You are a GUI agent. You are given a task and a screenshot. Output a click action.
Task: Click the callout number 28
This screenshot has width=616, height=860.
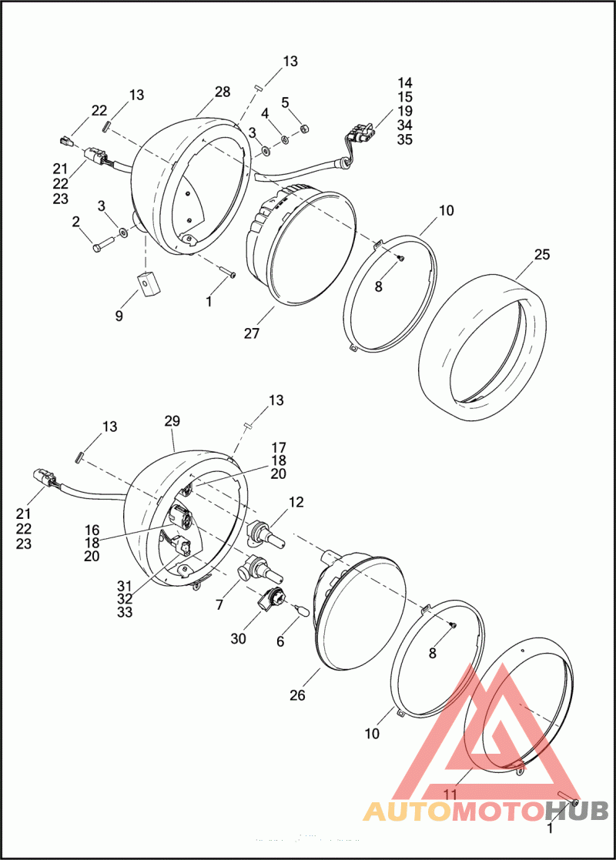pyautogui.click(x=223, y=92)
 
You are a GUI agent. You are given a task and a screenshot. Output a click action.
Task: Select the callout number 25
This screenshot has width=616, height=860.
pyautogui.click(x=541, y=255)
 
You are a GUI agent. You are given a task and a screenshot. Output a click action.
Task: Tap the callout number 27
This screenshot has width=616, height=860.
pyautogui.click(x=252, y=333)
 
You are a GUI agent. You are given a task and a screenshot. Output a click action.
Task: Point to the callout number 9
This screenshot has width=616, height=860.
pyautogui.click(x=119, y=316)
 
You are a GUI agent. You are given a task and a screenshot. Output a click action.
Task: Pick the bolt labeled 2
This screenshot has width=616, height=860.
pyautogui.click(x=103, y=243)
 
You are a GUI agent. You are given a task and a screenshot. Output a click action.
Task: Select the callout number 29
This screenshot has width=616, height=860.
pyautogui.click(x=172, y=421)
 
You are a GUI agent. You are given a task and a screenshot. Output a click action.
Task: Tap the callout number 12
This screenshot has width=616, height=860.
pyautogui.click(x=296, y=502)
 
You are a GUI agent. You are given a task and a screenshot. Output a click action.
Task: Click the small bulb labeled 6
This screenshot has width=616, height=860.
pyautogui.click(x=300, y=609)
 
